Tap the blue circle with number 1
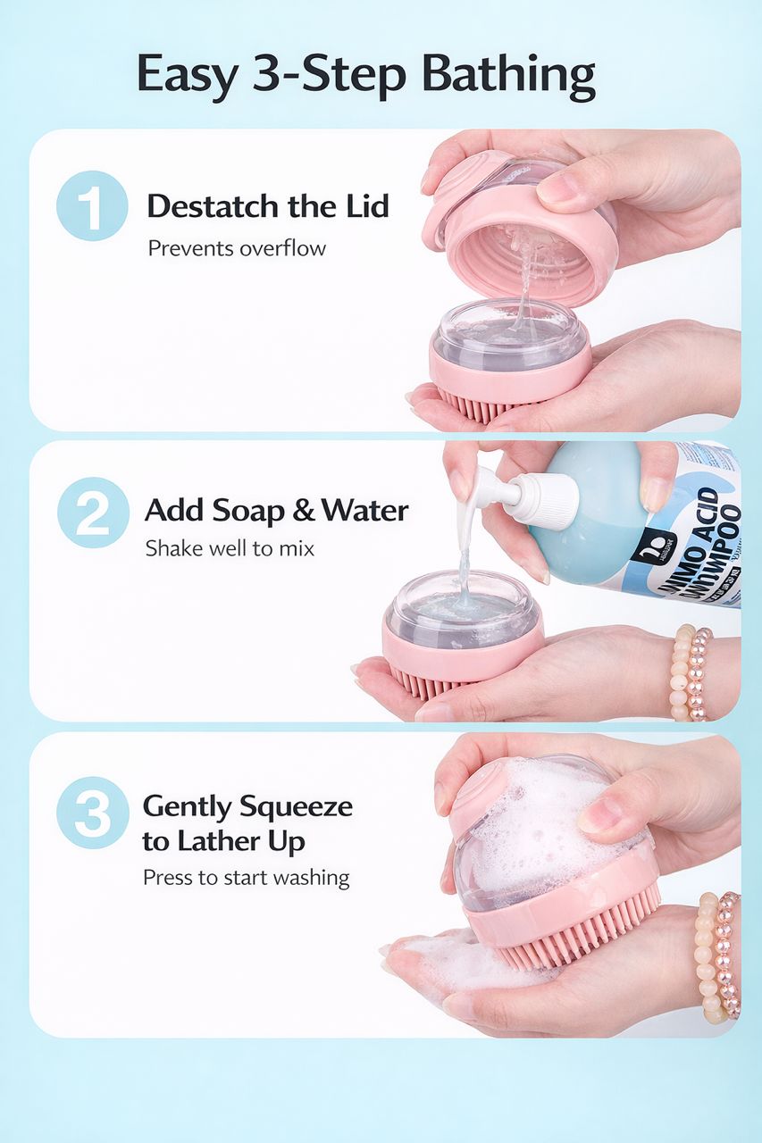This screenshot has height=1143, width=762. (92, 206)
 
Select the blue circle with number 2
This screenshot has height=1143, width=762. (93, 513)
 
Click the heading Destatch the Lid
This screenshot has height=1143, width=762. (268, 206)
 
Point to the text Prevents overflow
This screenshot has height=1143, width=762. (237, 248)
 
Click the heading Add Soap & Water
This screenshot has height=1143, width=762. (276, 511)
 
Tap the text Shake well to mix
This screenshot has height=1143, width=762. (230, 547)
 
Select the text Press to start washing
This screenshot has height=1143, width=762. (246, 878)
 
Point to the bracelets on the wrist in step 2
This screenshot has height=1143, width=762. (691, 672)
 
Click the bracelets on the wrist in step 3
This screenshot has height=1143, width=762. (719, 955)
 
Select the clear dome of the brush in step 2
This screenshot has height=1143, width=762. (462, 601)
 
